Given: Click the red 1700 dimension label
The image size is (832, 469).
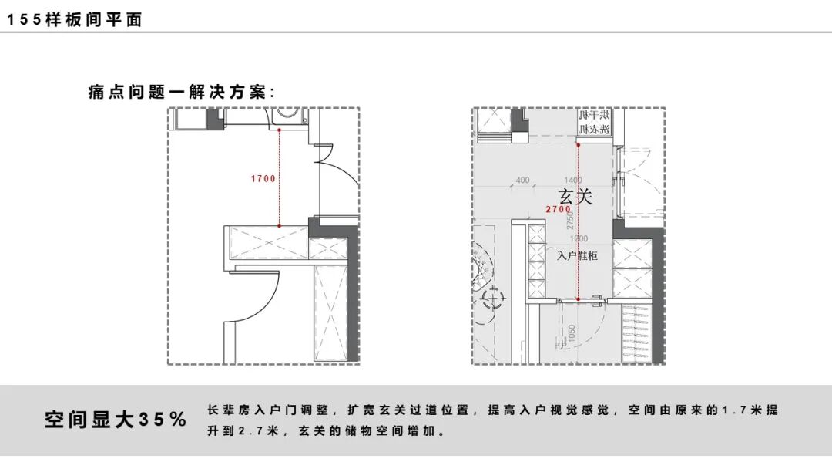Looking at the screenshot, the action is (x=263, y=179).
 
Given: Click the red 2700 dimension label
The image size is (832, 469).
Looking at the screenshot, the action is (x=558, y=209).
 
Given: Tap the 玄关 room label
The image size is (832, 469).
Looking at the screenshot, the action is (x=575, y=197).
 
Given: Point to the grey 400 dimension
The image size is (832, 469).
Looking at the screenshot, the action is (x=522, y=181).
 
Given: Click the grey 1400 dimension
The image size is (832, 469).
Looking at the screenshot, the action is (x=573, y=181).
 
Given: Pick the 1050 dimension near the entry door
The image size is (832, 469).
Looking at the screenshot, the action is (x=572, y=333).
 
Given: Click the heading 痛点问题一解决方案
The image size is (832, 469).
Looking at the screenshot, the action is (x=182, y=93).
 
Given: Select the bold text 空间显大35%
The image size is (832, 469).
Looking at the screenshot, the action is (x=116, y=420).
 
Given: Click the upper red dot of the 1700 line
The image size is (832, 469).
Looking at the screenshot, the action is (x=280, y=130).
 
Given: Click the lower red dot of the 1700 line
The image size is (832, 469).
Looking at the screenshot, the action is (x=280, y=226).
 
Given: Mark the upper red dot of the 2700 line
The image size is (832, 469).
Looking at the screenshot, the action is (x=578, y=142).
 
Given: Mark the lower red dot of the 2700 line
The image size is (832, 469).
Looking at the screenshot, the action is (x=578, y=299).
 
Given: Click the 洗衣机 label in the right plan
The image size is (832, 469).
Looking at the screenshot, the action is (x=594, y=129).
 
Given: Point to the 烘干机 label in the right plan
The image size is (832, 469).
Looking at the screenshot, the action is (x=594, y=115).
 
